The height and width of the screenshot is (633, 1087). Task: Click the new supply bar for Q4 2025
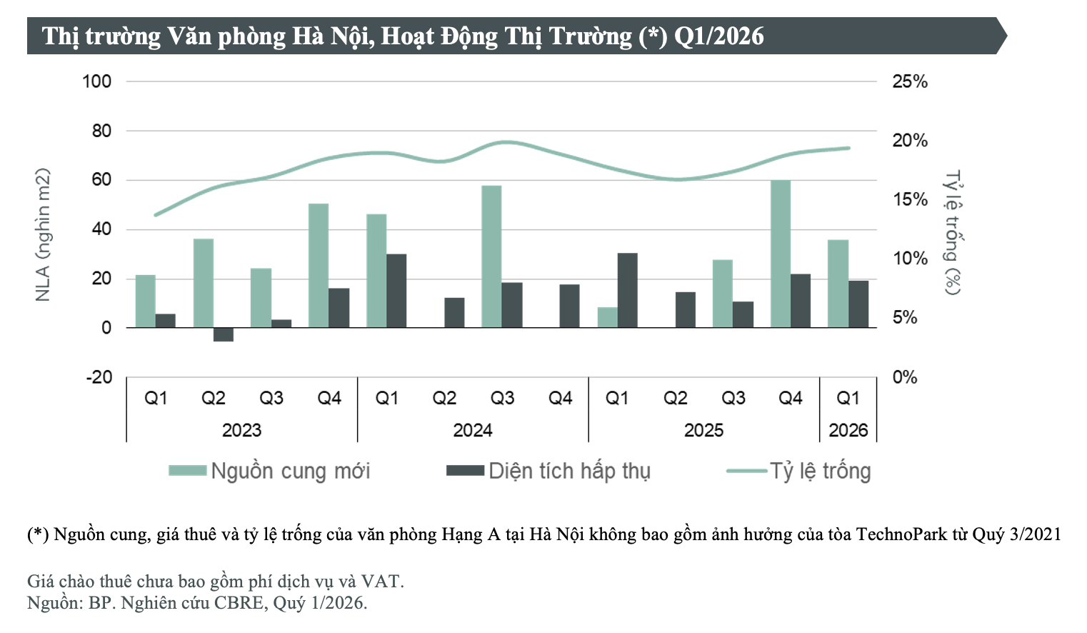coord(780,254)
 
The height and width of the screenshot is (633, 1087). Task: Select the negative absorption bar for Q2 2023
coord(224,334)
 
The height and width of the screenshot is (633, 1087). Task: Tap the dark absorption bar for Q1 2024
coord(396,291)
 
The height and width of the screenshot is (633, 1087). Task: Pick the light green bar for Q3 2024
coord(491,256)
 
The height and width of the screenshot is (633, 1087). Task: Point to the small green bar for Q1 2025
coord(607,317)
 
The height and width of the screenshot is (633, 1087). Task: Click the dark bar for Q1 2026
coord(858,304)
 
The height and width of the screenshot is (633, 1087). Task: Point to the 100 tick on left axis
coord(97,81)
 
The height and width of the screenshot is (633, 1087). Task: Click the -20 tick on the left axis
coord(99,377)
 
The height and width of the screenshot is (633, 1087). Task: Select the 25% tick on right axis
coord(909,81)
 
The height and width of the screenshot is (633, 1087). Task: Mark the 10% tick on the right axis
coord(909,259)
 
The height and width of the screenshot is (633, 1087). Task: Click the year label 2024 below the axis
coord(473,430)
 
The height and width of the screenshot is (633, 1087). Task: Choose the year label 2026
coord(848,430)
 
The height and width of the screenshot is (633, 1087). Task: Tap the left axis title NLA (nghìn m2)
coord(43,234)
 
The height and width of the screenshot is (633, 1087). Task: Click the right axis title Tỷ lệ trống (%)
coord(953,232)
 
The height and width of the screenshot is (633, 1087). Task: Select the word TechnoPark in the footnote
coord(901,534)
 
